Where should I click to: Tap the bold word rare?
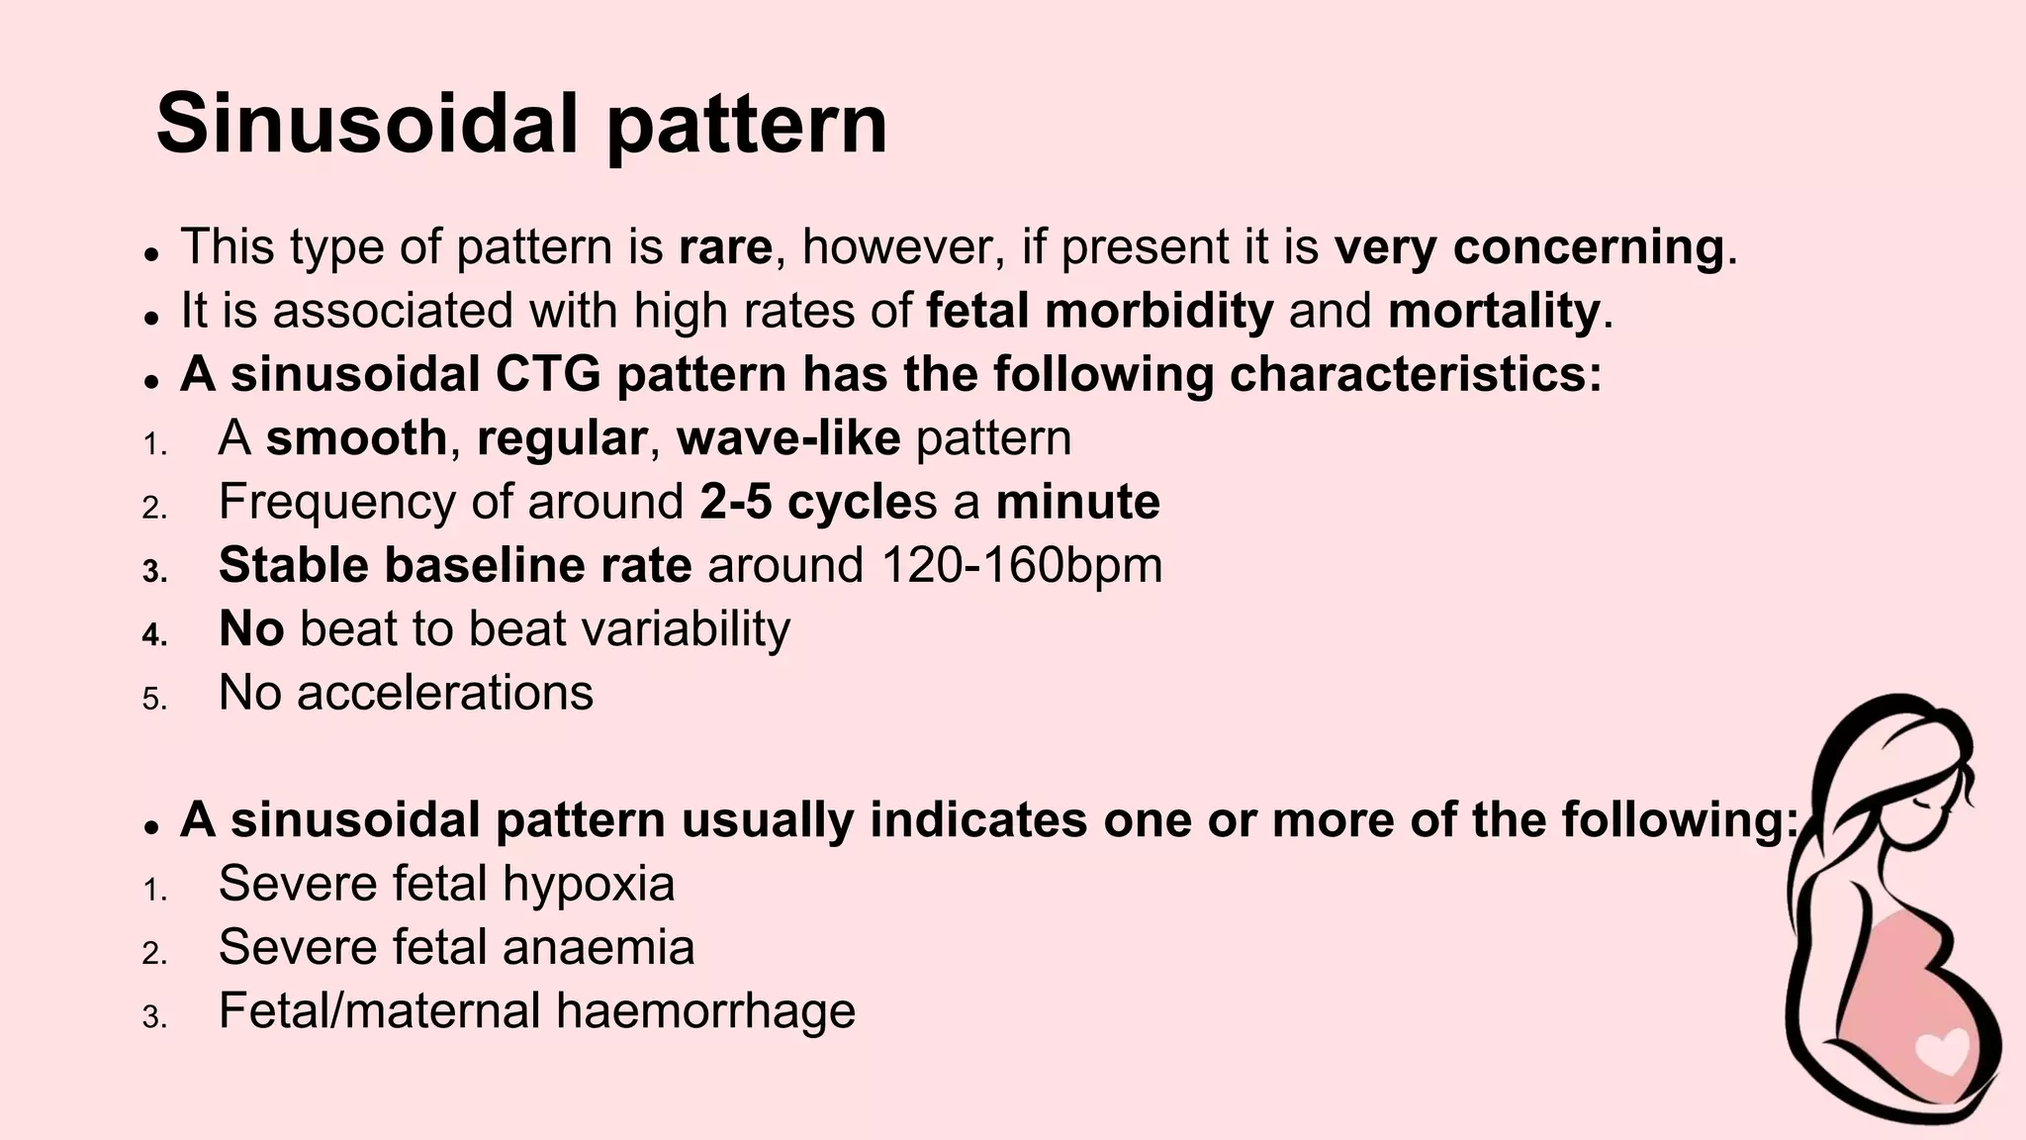(725, 246)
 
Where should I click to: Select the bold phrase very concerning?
(1529, 246)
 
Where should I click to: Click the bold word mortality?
(1494, 311)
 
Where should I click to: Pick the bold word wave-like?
(788, 437)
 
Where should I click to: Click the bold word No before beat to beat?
(251, 628)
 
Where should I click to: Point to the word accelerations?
(445, 693)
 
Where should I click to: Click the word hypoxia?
(589, 884)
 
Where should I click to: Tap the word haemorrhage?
(705, 1011)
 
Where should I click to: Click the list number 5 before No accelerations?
(154, 700)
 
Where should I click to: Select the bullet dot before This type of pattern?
(151, 253)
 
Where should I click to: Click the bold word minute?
(1077, 502)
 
